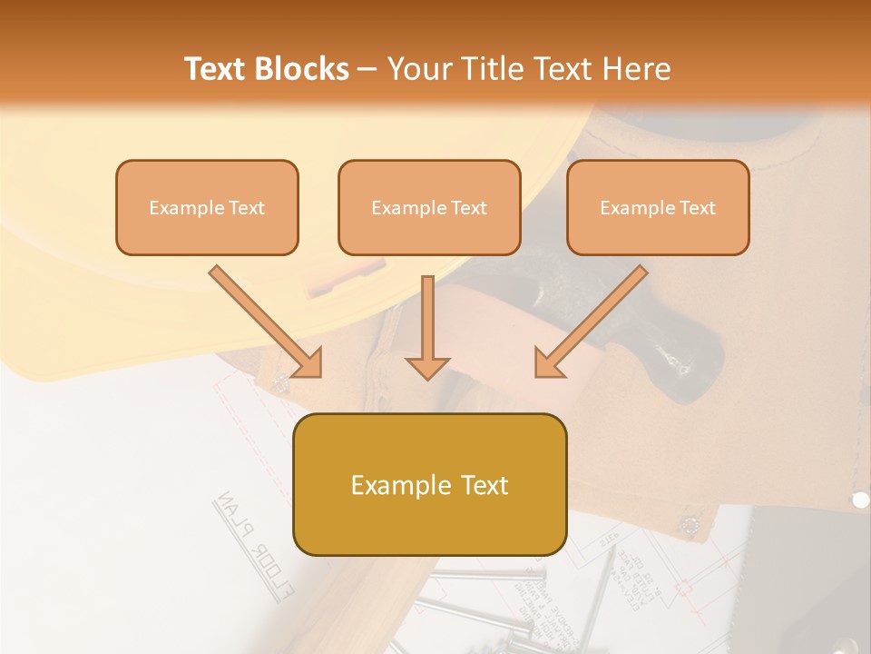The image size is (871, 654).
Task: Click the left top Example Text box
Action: tap(207, 207)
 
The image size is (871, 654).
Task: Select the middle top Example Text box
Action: tap(429, 207)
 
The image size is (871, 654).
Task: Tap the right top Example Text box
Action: tap(658, 207)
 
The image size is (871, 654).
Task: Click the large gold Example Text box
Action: tap(429, 484)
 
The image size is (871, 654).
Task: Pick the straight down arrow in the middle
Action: tap(427, 327)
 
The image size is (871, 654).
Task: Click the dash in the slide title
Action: tap(367, 69)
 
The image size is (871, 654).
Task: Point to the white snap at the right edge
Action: tap(860, 500)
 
